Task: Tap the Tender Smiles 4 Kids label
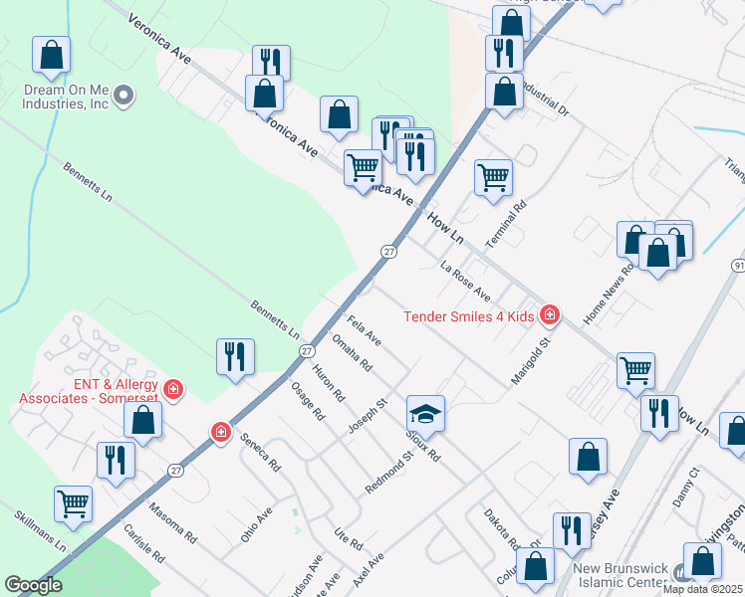pos(469,316)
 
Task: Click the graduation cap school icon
pos(425,413)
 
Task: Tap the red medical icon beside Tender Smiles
pos(549,316)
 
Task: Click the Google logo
pos(33,585)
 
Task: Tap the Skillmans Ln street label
pos(41,531)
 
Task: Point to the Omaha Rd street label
pos(352,351)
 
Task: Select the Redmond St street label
pos(388,473)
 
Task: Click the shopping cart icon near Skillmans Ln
pos(74,504)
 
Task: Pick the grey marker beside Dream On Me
pos(124,96)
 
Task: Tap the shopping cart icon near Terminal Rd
pos(493,178)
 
